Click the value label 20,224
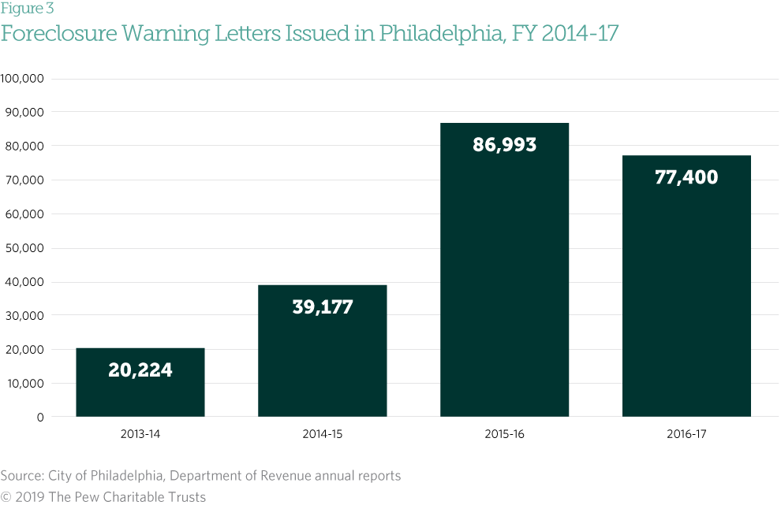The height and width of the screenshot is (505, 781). click(x=140, y=369)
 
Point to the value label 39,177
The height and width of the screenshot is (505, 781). click(x=322, y=306)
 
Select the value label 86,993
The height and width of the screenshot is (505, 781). click(x=504, y=145)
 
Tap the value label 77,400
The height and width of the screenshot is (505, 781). click(x=686, y=177)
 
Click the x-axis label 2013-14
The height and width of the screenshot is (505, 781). click(x=140, y=434)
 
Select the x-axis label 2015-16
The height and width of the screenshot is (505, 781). click(x=504, y=434)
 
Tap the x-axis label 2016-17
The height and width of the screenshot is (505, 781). click(x=686, y=434)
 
